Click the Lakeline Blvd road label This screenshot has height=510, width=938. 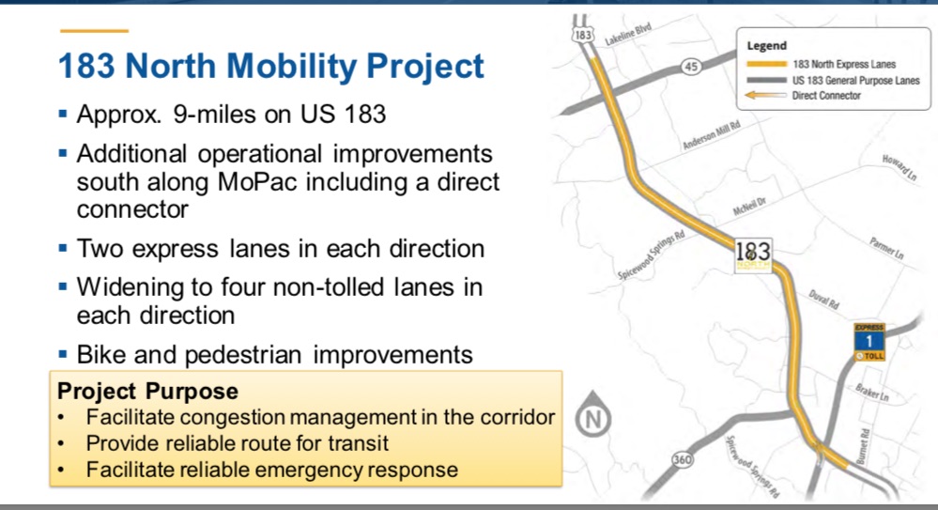[x=628, y=34]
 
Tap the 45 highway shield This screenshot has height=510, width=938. [x=691, y=67]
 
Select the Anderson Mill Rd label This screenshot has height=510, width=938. [x=712, y=134]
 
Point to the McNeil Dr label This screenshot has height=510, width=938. [x=749, y=207]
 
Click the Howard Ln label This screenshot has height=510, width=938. [x=900, y=167]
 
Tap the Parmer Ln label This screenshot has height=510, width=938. [x=886, y=248]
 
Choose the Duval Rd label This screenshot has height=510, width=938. [x=823, y=299]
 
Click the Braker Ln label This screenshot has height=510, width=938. [x=871, y=393]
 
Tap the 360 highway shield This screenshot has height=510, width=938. [x=682, y=459]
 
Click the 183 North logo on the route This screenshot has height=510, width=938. [x=753, y=256]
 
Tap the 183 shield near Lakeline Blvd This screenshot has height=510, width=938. [x=583, y=35]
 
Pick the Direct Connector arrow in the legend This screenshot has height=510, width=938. [x=765, y=95]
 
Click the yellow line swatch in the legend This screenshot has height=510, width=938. [x=766, y=64]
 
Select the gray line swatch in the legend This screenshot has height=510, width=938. [x=766, y=80]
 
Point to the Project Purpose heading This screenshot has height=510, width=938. [x=147, y=392]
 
